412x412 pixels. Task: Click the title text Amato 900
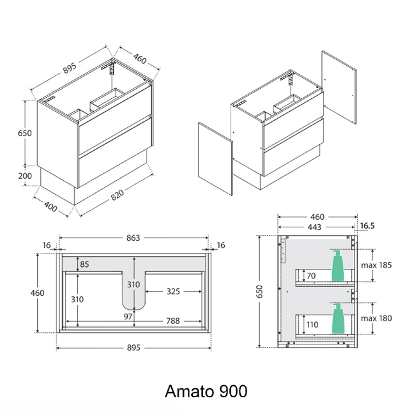tap(206, 390)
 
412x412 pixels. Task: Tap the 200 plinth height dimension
tap(26, 176)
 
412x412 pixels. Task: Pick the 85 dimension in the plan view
tap(85, 263)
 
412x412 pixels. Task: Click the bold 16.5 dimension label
tap(368, 226)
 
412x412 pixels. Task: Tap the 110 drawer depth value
tap(312, 325)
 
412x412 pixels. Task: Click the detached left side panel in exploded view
tap(215, 160)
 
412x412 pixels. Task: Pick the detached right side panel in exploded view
tap(338, 86)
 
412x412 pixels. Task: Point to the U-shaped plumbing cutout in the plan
tap(132, 284)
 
